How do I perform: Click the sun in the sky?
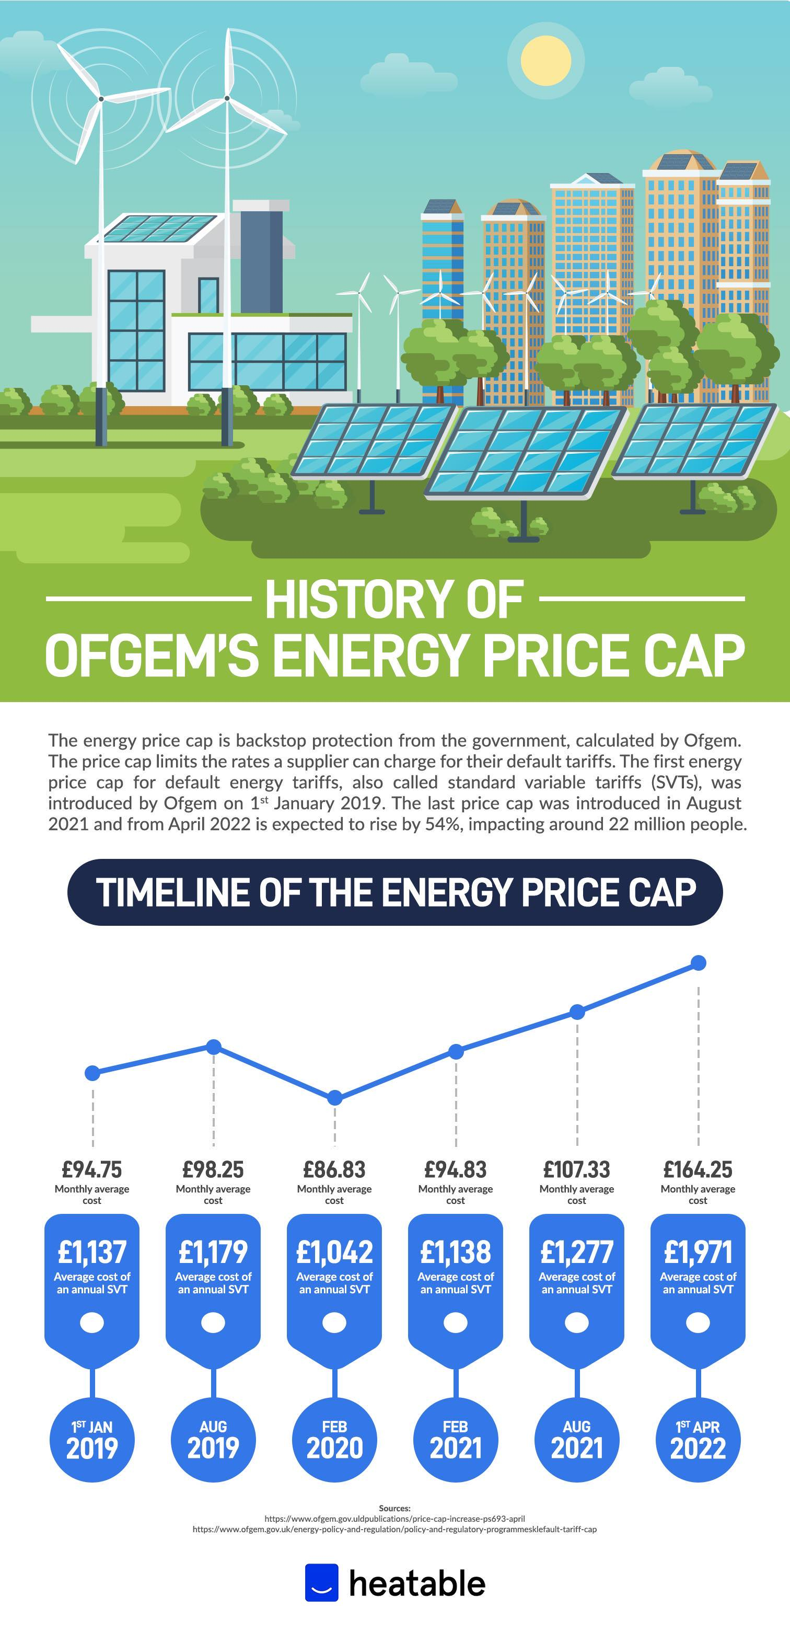[x=545, y=61]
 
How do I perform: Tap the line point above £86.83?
[x=335, y=1097]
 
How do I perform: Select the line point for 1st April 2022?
[x=698, y=963]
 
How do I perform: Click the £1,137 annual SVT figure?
[x=92, y=1252]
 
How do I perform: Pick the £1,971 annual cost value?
[x=698, y=1252]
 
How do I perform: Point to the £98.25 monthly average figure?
[x=213, y=1169]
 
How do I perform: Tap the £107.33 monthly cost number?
[x=577, y=1169]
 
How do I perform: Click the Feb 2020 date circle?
[x=334, y=1439]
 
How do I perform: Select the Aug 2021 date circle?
[x=577, y=1439]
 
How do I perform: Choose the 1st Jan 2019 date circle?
[x=92, y=1439]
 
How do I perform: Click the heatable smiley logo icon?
[x=321, y=1582]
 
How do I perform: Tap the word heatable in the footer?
[x=417, y=1583]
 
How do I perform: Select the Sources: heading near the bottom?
[x=394, y=1508]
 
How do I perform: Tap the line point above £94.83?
[x=456, y=1052]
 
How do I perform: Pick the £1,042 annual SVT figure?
[x=334, y=1252]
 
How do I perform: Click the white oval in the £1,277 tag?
[x=577, y=1323]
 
